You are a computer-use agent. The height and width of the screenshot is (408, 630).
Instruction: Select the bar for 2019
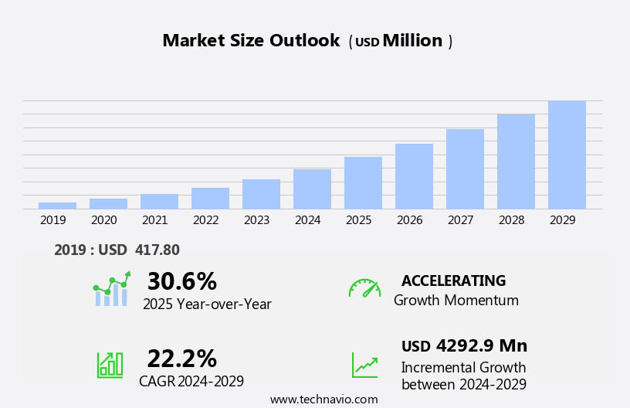tap(57, 206)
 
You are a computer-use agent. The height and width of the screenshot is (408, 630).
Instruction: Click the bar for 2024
tap(312, 189)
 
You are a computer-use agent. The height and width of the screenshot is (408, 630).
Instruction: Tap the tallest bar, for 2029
tap(567, 155)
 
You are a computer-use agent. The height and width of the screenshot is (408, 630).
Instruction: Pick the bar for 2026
tap(414, 176)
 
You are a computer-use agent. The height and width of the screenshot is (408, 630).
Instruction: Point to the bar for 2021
tap(159, 201)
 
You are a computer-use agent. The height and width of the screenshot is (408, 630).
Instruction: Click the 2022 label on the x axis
tap(206, 220)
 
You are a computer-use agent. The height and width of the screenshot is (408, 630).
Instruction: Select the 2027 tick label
tap(461, 220)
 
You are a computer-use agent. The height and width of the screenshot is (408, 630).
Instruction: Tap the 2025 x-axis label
tap(359, 220)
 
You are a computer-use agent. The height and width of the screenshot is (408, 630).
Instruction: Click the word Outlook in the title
tap(303, 41)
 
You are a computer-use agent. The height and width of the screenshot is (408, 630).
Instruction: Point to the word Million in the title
tap(412, 41)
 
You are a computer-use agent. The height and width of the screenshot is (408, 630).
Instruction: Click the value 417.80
tap(157, 250)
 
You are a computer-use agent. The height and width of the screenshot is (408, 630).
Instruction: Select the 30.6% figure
tap(181, 281)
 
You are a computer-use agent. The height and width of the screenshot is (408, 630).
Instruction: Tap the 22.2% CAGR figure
tap(181, 359)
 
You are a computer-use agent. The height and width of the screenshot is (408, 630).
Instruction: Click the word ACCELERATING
tap(453, 280)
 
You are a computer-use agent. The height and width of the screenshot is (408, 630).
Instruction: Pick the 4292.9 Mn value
tap(481, 345)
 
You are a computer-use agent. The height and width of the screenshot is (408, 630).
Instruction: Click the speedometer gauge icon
tap(364, 288)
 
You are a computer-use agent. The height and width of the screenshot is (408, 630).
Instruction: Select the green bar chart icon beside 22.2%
tap(110, 365)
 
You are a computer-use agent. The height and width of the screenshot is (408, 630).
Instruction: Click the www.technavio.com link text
tap(323, 399)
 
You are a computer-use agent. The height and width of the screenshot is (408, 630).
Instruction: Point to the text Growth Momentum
tap(456, 301)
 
